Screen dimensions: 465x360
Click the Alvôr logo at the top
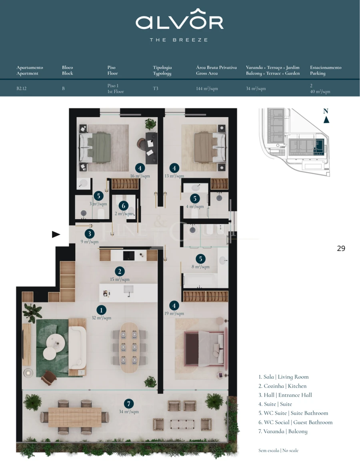tap(180, 22)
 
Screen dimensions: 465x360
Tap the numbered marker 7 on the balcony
tap(128, 404)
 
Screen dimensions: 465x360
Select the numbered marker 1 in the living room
tap(102, 310)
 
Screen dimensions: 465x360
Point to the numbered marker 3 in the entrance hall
tap(90, 234)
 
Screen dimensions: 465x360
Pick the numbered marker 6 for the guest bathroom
tap(124, 206)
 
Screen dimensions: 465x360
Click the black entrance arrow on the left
tap(56, 235)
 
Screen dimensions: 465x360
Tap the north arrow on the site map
tap(326, 119)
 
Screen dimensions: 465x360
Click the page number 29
tap(341, 249)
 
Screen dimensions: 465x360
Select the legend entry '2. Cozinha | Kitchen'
tap(282, 386)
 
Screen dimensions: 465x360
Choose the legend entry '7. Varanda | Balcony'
tap(283, 431)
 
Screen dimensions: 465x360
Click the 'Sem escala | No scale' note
tap(278, 451)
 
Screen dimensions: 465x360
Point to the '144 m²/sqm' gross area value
tap(207, 88)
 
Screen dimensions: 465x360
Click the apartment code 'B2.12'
tap(22, 88)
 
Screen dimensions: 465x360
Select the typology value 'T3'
tap(156, 88)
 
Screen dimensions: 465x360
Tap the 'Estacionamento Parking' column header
tap(326, 70)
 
